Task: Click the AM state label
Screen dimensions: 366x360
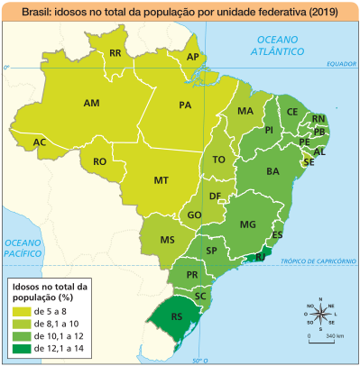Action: [91, 104]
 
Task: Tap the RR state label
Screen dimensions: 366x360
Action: [115, 54]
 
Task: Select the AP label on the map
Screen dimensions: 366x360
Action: [192, 57]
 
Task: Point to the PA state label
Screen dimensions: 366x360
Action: [186, 105]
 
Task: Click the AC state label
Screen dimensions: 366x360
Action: [40, 142]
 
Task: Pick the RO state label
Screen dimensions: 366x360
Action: [100, 162]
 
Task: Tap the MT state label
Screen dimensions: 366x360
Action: [162, 180]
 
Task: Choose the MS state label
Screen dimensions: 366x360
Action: [167, 240]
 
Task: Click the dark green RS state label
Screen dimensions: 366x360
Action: [178, 317]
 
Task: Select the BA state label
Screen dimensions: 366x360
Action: [272, 170]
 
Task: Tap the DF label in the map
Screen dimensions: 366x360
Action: [215, 197]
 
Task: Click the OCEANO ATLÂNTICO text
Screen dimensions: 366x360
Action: [283, 47]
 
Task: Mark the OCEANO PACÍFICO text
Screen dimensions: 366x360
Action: [24, 248]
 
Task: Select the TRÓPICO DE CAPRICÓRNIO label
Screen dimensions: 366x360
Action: [318, 261]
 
